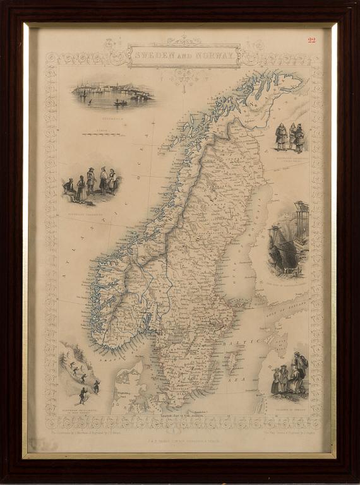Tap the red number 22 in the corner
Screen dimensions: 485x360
312,40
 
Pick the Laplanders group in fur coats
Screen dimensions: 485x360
290,136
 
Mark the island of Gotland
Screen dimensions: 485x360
232,361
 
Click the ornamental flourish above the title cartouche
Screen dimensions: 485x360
183,40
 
